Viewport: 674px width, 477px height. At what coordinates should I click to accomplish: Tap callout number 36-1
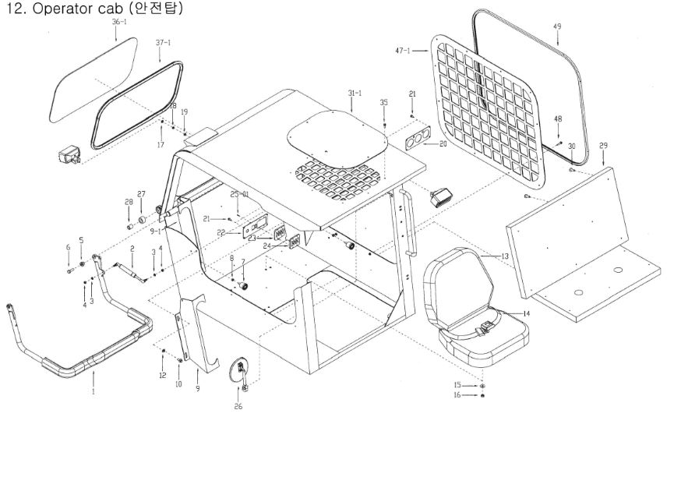[119, 23]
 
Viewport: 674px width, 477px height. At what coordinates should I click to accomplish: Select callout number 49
[557, 26]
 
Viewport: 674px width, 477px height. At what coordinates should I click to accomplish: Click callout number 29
[603, 147]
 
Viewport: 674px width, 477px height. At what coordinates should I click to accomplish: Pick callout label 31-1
[355, 94]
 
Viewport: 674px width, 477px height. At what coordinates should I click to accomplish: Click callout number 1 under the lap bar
[93, 392]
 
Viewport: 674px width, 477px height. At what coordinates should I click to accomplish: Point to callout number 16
[458, 395]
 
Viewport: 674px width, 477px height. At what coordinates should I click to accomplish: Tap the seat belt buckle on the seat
[485, 326]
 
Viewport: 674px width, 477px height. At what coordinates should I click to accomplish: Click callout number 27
[141, 194]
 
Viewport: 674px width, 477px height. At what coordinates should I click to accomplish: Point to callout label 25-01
[238, 193]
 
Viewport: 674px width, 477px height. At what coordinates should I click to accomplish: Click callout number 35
[383, 103]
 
